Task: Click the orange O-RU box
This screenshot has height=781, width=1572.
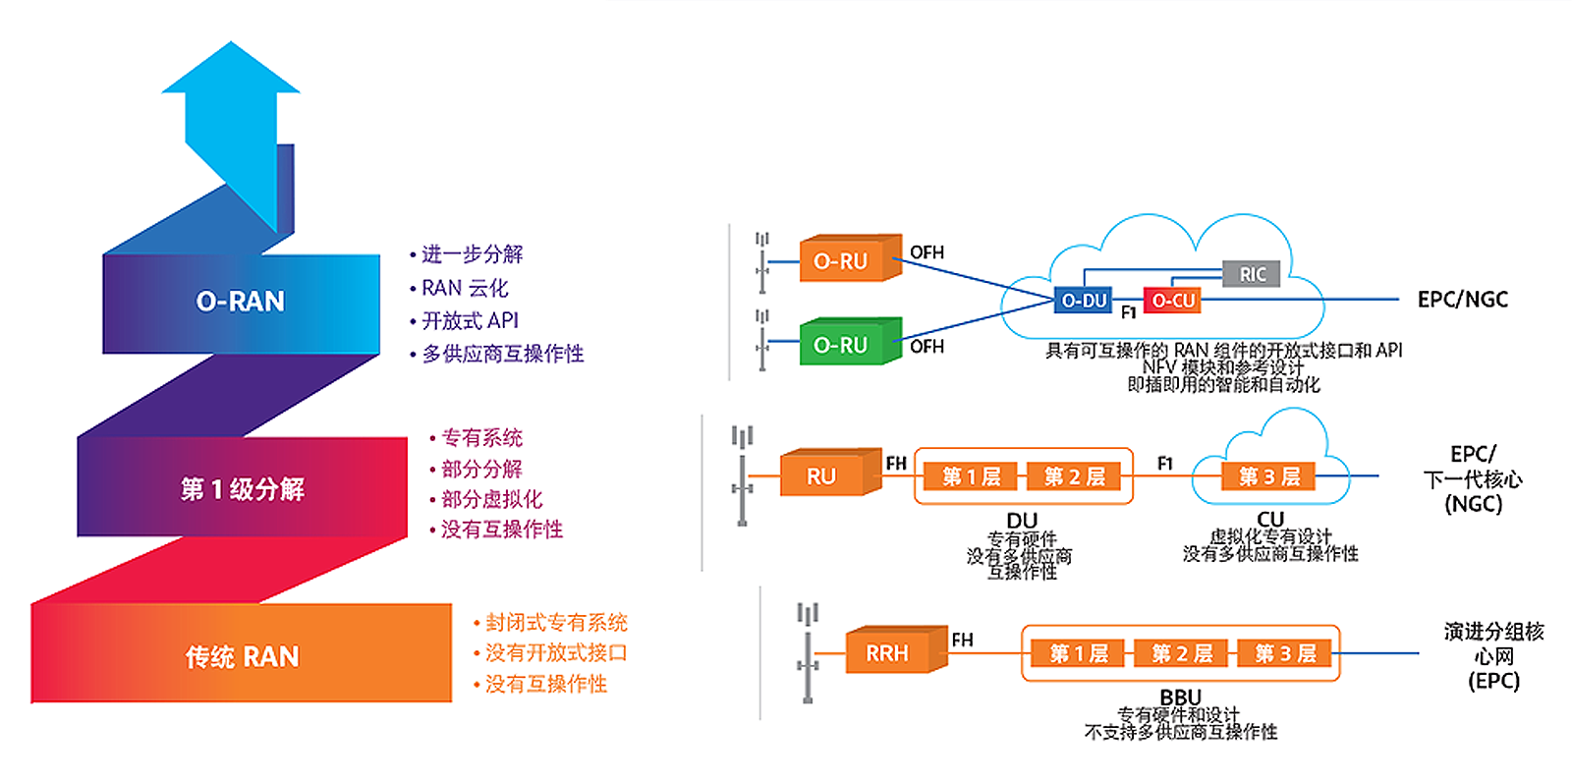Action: [851, 258]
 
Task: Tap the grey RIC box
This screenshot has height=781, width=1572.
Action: [1252, 274]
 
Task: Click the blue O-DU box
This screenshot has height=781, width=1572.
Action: [1084, 301]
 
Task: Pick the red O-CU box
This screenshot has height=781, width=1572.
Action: [1172, 301]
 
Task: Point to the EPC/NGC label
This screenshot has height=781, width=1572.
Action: [1463, 300]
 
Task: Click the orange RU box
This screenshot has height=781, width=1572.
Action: [831, 473]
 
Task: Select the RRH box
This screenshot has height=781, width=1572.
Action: [897, 649]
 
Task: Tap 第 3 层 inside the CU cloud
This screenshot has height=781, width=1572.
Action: [1268, 476]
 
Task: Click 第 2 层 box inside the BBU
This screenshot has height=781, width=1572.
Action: [1182, 653]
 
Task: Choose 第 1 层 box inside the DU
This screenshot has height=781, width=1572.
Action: [971, 476]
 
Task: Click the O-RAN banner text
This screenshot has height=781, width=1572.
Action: [240, 301]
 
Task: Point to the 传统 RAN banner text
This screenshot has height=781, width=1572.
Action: [242, 657]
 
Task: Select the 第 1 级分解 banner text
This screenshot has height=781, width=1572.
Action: [242, 488]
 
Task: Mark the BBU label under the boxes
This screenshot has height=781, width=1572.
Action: [1180, 697]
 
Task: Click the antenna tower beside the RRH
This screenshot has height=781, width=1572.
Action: [808, 652]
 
